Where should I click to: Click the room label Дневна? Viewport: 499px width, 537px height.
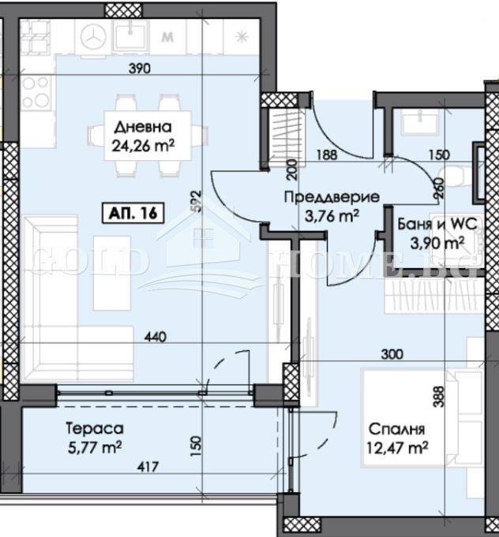140,127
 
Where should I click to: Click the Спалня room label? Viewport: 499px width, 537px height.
397,430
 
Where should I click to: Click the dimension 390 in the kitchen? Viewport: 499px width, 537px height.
139,69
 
